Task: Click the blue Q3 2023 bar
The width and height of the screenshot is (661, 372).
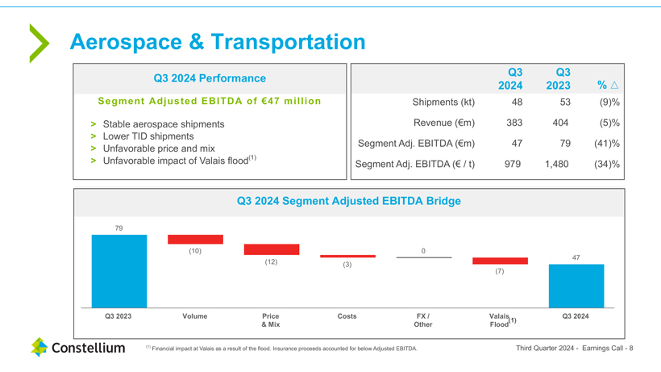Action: coord(119,271)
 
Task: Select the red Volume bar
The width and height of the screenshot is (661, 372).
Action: coord(195,240)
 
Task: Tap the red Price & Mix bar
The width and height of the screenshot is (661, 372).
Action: coord(271,249)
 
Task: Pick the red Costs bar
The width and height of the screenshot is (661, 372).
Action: coord(347,256)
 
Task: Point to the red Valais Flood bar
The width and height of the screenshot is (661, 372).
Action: coord(500,261)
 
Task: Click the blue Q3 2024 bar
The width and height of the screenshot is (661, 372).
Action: coord(576,286)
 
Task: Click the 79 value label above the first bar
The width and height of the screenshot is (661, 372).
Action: coord(119,228)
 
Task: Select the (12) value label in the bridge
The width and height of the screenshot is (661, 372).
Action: coord(271,261)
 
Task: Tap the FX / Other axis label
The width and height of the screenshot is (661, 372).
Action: coord(423,320)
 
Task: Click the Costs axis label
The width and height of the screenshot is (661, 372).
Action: coord(347,316)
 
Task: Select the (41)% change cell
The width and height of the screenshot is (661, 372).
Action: coord(608,144)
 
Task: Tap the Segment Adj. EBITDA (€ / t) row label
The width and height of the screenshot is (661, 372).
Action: coord(414,165)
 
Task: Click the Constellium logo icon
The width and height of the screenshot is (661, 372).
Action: coord(39,348)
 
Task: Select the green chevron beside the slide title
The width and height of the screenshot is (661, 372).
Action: coord(39,43)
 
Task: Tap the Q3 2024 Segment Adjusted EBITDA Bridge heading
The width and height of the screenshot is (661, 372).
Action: coord(348,201)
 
